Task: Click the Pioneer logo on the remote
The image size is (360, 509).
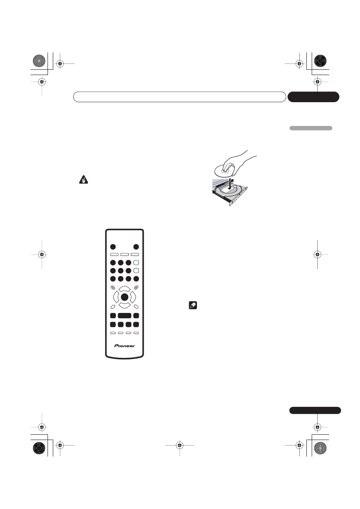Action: coord(125,345)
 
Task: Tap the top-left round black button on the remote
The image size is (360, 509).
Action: coord(113,247)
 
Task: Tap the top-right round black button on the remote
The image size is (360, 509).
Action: coord(136,247)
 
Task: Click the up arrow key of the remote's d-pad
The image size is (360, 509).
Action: coord(125,289)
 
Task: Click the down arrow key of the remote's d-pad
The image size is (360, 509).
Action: coord(125,305)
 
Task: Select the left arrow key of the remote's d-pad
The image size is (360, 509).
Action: coord(116,297)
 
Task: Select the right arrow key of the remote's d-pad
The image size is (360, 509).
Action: coord(133,297)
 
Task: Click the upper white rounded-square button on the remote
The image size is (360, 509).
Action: coord(136,262)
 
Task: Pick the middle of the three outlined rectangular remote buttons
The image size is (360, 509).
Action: coord(125,255)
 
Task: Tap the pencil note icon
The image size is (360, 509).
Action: coord(192,306)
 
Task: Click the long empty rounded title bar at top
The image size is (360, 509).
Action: coord(179,97)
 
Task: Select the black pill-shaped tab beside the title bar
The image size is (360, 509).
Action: coord(313,97)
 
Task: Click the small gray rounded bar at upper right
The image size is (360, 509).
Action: coord(311,128)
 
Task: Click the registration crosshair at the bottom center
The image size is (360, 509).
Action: coord(180,445)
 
